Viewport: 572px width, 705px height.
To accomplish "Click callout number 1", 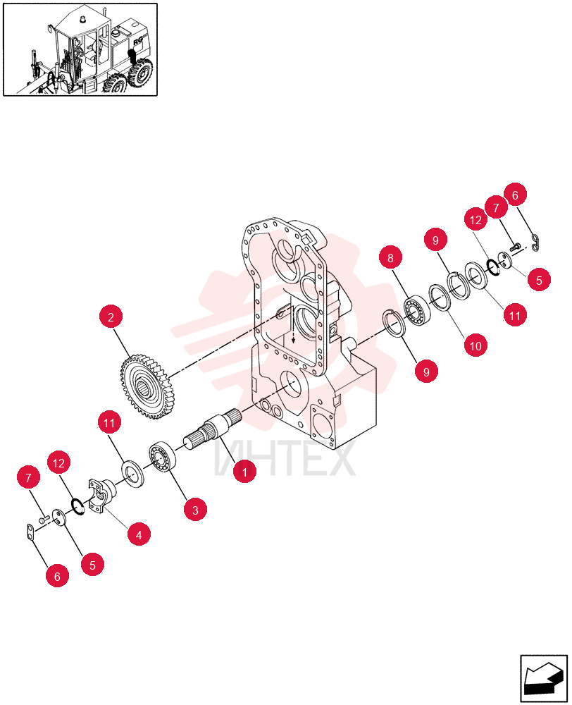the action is [x=244, y=472].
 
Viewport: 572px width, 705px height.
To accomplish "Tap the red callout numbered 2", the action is [x=111, y=317].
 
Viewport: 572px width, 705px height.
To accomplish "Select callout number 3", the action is [x=195, y=510].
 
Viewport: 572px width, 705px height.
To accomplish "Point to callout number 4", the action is [x=138, y=534].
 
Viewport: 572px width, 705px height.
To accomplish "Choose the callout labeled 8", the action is [x=390, y=257].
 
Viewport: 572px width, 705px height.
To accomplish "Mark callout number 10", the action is [x=475, y=345].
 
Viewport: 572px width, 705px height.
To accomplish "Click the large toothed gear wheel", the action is [x=144, y=386].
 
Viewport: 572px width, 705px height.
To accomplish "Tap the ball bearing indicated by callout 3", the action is [x=162, y=456].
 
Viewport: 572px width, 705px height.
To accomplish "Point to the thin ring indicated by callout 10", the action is [x=440, y=298].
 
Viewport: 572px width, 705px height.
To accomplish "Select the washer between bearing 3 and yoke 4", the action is [x=132, y=473].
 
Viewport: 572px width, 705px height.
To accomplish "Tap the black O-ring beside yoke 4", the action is [x=78, y=507].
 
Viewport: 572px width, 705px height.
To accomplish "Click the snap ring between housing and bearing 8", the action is [x=395, y=323].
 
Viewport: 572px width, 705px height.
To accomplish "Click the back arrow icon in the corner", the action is [x=543, y=679].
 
